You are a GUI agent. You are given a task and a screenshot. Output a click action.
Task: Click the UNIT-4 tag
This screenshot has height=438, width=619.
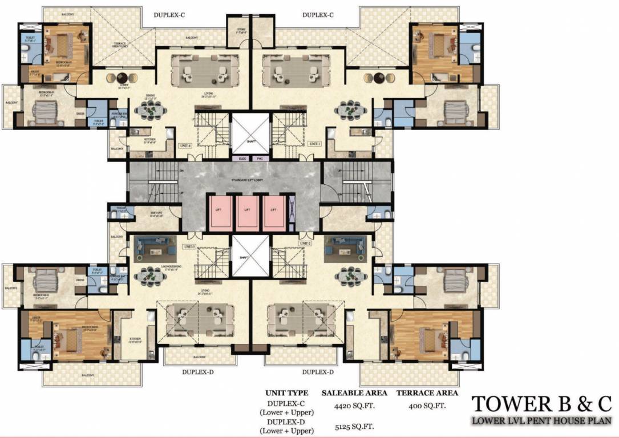tap(184, 144)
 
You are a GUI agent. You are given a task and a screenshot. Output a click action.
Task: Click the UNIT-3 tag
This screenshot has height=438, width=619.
tap(189, 246)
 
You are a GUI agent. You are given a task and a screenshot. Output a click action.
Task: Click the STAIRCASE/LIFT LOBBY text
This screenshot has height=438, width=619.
tap(250, 180)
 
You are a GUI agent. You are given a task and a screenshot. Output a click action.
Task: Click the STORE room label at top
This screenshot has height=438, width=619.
tap(236, 30)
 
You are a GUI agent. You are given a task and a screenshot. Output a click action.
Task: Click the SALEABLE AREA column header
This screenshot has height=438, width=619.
tap(354, 393)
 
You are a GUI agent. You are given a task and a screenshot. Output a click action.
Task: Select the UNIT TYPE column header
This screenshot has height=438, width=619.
tap(286, 393)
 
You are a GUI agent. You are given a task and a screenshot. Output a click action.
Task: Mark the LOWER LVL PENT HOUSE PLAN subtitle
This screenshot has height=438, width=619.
tap(541, 421)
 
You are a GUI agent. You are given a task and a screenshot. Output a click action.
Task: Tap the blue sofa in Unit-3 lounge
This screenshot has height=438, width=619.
tap(151, 250)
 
